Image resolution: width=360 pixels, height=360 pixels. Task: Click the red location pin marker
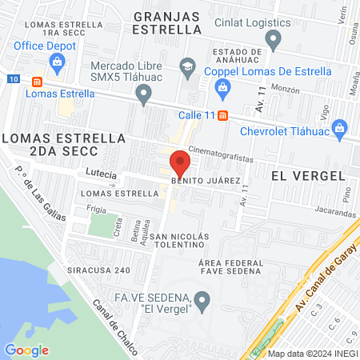coord(180,164)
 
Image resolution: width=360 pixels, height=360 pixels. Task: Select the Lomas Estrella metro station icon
coord(35,81)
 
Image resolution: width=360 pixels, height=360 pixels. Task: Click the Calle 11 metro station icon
coord(222,114)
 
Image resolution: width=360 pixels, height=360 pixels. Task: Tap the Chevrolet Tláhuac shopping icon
coord(339,129)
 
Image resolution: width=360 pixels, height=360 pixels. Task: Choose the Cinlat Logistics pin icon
coord(274,38)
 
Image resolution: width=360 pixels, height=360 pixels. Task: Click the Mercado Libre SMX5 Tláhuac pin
coord(144,96)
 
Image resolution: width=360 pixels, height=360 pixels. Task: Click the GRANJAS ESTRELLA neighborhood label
coord(167,22)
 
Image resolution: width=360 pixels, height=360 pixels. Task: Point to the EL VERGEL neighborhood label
coord(307,174)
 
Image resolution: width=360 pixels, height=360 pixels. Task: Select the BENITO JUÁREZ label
coord(205,182)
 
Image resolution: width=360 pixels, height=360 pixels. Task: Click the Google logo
coord(26,350)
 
